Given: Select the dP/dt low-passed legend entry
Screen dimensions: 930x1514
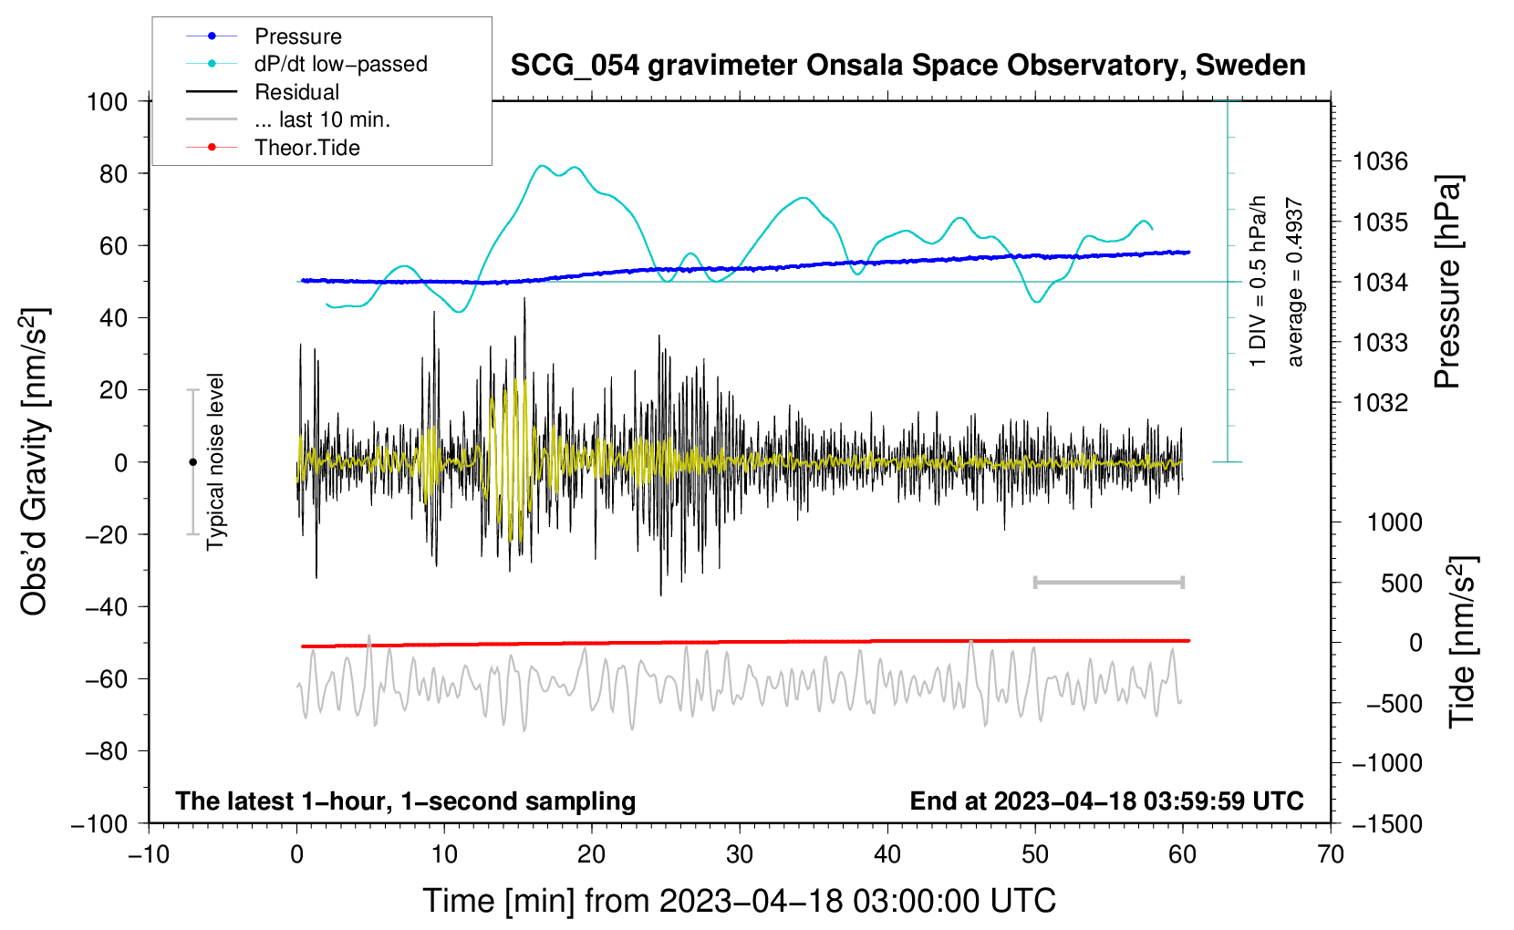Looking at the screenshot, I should pyautogui.click(x=340, y=64).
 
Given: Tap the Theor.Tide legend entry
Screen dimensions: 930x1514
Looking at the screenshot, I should pyautogui.click(x=306, y=148).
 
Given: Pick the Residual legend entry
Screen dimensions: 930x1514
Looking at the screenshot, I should pyautogui.click(x=296, y=92).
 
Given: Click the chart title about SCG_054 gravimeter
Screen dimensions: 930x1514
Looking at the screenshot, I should pyautogui.click(x=907, y=66).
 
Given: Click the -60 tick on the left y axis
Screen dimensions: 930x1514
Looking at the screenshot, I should pyautogui.click(x=106, y=678).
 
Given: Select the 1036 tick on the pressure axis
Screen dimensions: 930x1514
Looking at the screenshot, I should pyautogui.click(x=1380, y=162).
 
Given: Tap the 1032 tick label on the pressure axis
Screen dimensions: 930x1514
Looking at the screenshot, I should pyautogui.click(x=1380, y=403).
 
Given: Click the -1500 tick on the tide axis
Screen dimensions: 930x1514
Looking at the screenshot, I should pyautogui.click(x=1386, y=823).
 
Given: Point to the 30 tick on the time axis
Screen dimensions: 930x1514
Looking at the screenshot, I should pyautogui.click(x=740, y=854).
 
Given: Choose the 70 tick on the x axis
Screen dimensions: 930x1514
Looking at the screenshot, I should pyautogui.click(x=1331, y=854).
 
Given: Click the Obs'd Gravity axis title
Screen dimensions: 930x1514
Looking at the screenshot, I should pyautogui.click(x=35, y=461).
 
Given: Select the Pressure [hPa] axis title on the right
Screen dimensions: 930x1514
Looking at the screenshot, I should pyautogui.click(x=1447, y=282).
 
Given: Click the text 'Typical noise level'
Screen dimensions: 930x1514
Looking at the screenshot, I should pyautogui.click(x=215, y=461).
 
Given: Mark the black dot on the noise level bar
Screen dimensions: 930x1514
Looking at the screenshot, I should pyautogui.click(x=192, y=462).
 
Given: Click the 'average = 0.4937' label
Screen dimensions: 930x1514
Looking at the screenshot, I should pyautogui.click(x=1295, y=283).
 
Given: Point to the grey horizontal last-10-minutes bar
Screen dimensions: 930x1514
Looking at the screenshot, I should pyautogui.click(x=1108, y=582).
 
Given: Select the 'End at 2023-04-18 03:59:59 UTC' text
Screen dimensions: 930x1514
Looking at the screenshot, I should pyautogui.click(x=1106, y=801).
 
